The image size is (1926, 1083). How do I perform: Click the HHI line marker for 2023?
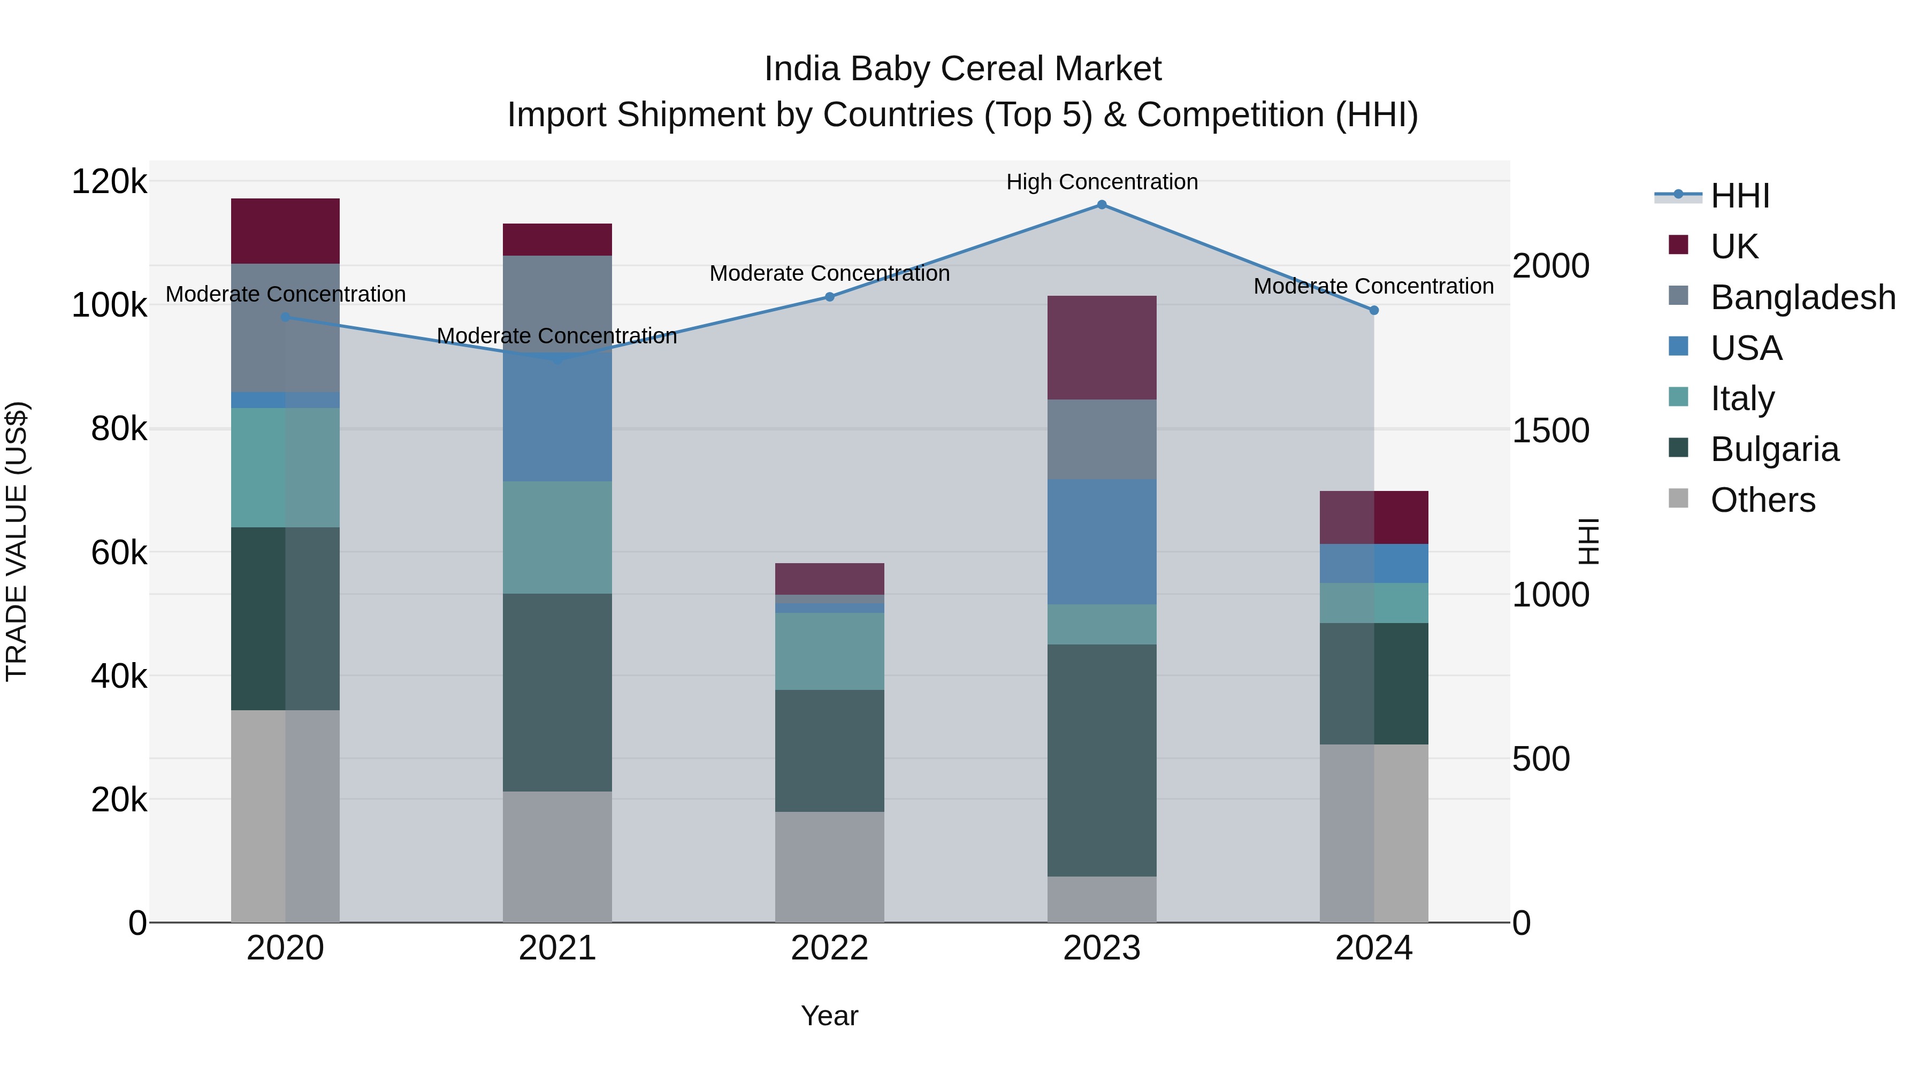tap(1102, 205)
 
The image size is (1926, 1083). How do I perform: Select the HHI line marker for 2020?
tap(285, 317)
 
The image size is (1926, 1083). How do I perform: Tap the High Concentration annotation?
tap(1102, 182)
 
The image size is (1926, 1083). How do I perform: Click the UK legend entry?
tap(1734, 247)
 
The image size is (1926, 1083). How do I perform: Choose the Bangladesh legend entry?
tap(1802, 297)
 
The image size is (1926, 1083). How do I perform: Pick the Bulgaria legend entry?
tap(1774, 449)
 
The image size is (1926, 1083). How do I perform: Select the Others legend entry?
tap(1762, 500)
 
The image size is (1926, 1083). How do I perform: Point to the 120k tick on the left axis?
tap(109, 182)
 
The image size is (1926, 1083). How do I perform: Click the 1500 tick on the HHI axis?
tap(1550, 431)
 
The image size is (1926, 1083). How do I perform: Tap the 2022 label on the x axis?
tap(829, 948)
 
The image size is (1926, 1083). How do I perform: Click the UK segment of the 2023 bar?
tap(1102, 348)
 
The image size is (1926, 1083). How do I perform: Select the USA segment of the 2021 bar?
tap(557, 419)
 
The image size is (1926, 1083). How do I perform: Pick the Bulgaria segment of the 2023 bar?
tap(1102, 760)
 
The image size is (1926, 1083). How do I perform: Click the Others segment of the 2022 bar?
tap(829, 867)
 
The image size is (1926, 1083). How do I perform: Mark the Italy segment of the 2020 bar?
tap(285, 468)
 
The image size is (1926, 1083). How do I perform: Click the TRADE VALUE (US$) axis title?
tap(17, 541)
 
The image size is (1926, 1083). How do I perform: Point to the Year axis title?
tap(829, 1016)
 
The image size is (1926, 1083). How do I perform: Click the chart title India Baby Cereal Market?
tap(962, 69)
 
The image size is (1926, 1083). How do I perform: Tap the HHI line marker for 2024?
tap(1373, 310)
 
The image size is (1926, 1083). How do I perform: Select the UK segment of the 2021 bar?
tap(557, 239)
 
